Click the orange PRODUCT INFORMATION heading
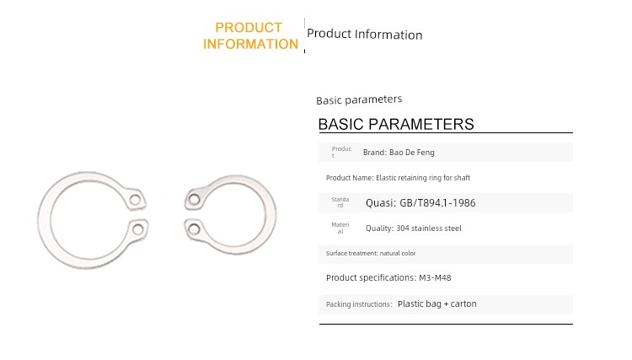[x=250, y=35]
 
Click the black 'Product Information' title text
[x=364, y=35]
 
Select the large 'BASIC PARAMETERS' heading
[x=396, y=124]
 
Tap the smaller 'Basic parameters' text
[x=359, y=99]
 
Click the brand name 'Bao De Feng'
[x=412, y=153]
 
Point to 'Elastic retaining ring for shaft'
[x=423, y=178]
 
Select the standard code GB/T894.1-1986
[x=437, y=203]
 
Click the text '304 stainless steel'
[x=429, y=228]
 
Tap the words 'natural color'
[x=398, y=253]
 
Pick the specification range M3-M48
[x=435, y=277]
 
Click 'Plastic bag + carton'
[x=437, y=304]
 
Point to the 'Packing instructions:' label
[x=359, y=304]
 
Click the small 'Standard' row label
[x=340, y=202]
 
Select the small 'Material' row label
[x=340, y=228]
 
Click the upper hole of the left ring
[x=136, y=200]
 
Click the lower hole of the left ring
[x=138, y=229]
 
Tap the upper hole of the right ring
[x=195, y=199]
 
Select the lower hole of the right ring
[x=194, y=229]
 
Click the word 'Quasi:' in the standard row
[x=381, y=203]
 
